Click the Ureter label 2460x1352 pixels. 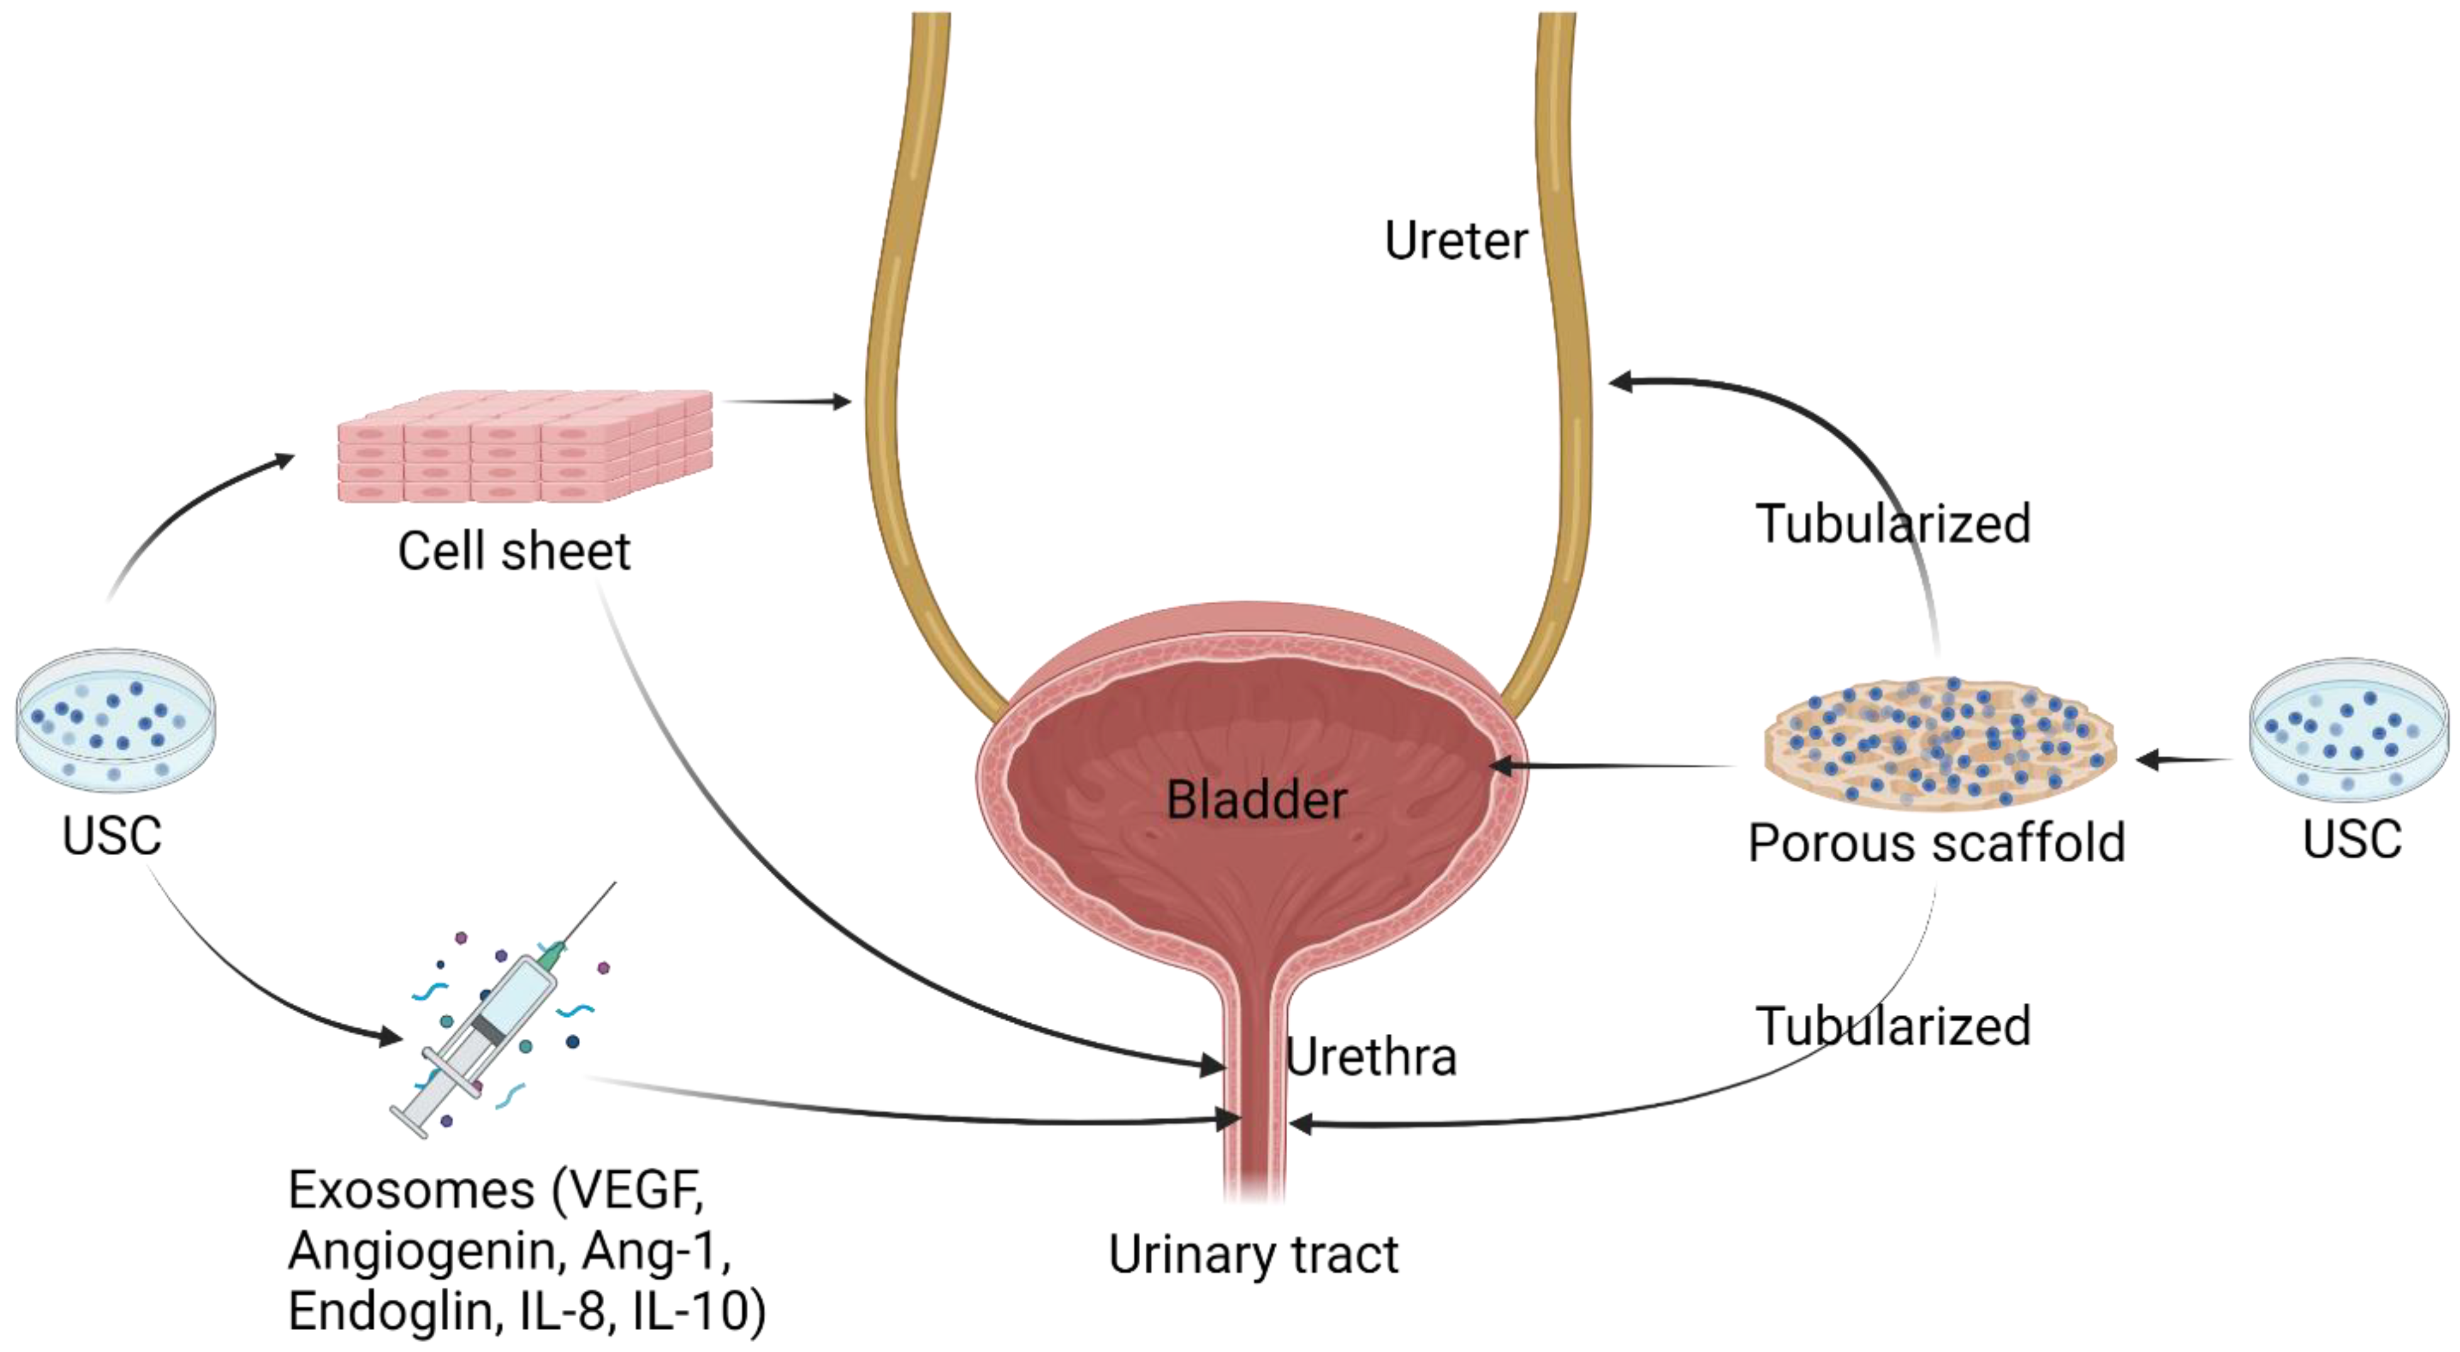pos(1456,241)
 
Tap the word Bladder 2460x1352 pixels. pos(1256,801)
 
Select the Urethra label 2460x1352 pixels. pos(1370,1056)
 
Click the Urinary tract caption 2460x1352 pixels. pos(1253,1255)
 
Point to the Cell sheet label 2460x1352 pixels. pos(513,552)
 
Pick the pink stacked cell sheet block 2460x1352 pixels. pos(525,446)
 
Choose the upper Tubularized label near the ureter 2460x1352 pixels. pos(1892,524)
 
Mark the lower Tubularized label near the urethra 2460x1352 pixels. pos(1892,1027)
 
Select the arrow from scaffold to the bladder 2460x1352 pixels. pos(1614,765)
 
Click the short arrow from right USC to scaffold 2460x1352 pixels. pos(2182,760)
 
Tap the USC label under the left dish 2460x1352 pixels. pos(112,837)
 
